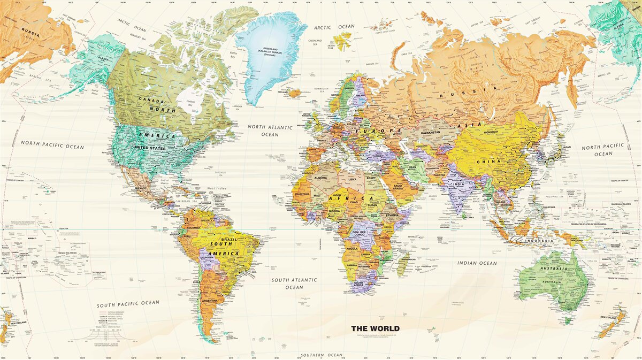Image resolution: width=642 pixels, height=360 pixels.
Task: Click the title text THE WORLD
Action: pyautogui.click(x=375, y=328)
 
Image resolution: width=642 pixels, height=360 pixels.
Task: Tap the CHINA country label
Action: pyautogui.click(x=491, y=162)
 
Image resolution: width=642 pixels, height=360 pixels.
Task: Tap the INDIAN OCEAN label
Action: pyautogui.click(x=477, y=263)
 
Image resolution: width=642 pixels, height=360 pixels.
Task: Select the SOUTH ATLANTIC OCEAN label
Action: pyautogui.click(x=294, y=284)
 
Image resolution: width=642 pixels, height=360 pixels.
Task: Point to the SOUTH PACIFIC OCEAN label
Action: pyautogui.click(x=128, y=304)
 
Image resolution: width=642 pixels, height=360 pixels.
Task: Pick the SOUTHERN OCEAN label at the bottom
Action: pyautogui.click(x=321, y=355)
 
